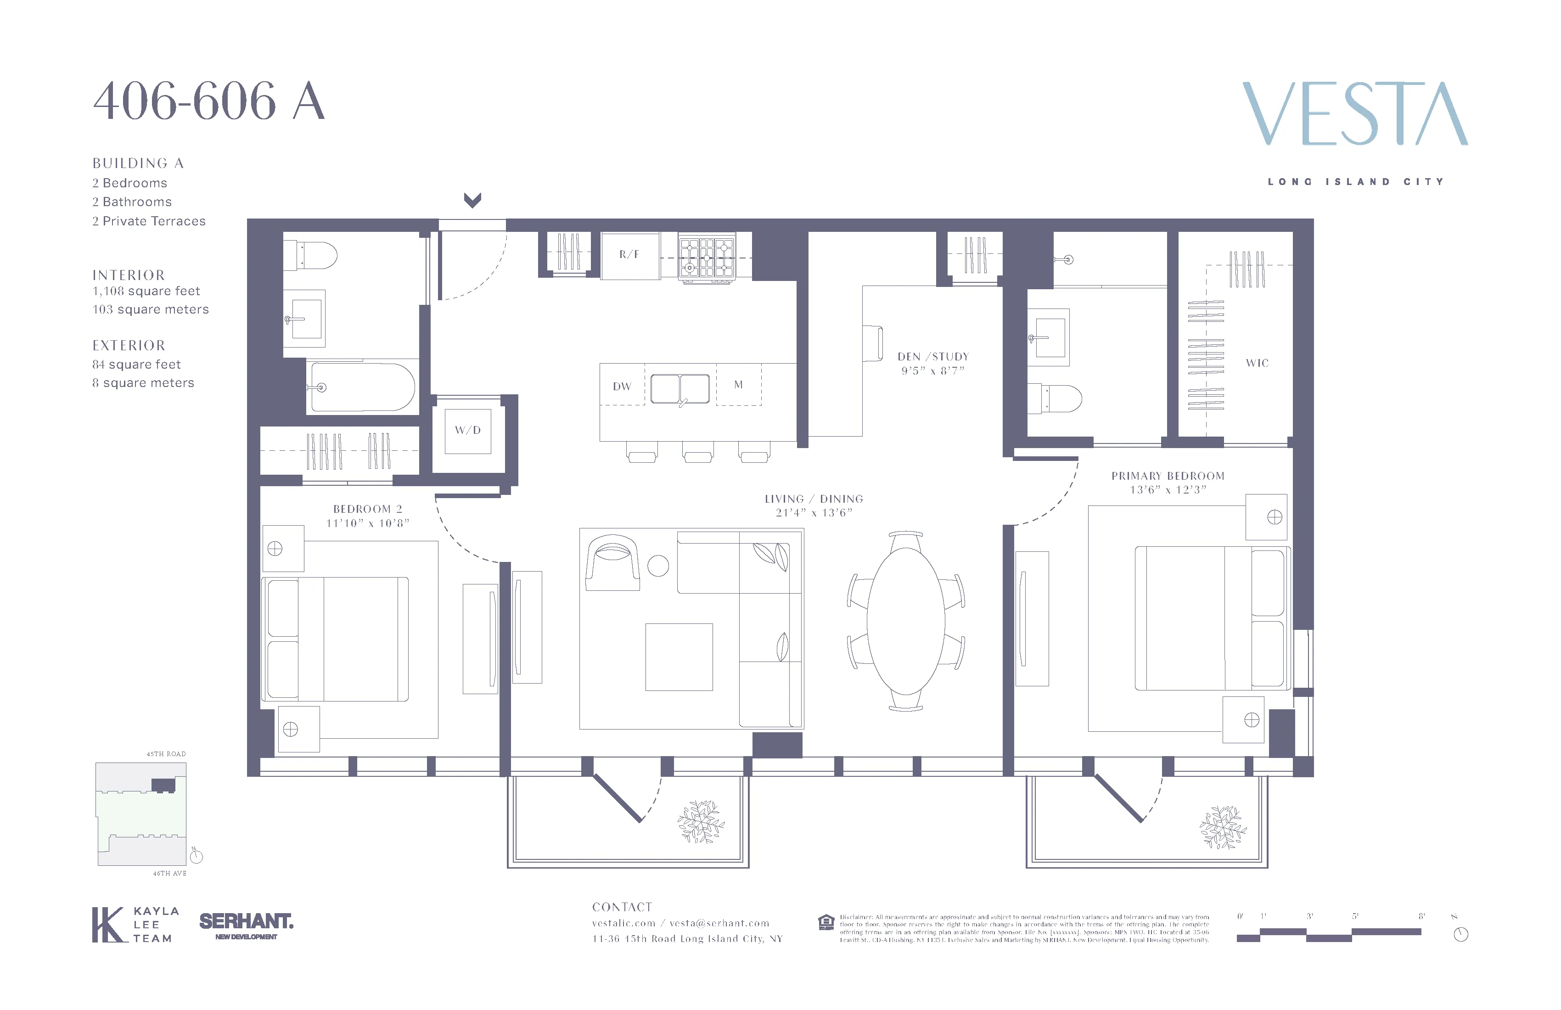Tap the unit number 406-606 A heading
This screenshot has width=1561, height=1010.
tap(208, 101)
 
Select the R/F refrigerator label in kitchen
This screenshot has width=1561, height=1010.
tap(629, 254)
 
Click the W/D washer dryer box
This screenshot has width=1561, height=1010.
tap(468, 430)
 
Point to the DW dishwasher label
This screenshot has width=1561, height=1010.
tap(622, 386)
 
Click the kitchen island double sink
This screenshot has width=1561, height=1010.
tap(680, 389)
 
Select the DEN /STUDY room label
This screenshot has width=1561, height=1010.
tap(932, 357)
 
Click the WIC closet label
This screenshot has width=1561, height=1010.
tap(1257, 363)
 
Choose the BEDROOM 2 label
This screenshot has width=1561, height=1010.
tap(367, 509)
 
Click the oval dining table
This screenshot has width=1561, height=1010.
tap(906, 620)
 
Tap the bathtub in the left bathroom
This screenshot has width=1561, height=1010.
tap(362, 387)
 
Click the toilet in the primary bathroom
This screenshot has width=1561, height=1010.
tap(1056, 398)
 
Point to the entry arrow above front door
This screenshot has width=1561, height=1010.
tap(472, 199)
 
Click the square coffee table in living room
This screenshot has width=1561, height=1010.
tap(679, 656)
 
